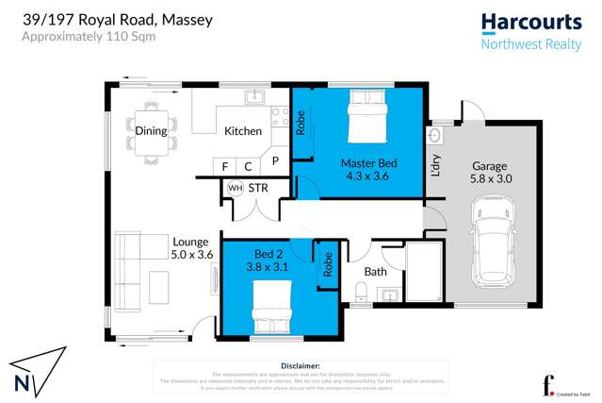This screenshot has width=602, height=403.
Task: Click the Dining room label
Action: pyautogui.click(x=151, y=131)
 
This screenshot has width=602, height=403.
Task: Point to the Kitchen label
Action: pyautogui.click(x=242, y=131)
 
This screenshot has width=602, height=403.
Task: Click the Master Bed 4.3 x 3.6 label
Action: pyautogui.click(x=368, y=169)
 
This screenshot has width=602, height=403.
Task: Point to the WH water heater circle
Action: pyautogui.click(x=235, y=188)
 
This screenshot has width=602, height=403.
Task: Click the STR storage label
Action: pyautogui.click(x=258, y=188)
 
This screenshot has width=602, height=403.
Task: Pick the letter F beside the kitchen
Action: pyautogui.click(x=225, y=167)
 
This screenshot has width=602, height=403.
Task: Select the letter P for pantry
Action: pyautogui.click(x=275, y=162)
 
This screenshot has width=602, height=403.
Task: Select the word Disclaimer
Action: pyautogui.click(x=301, y=364)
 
